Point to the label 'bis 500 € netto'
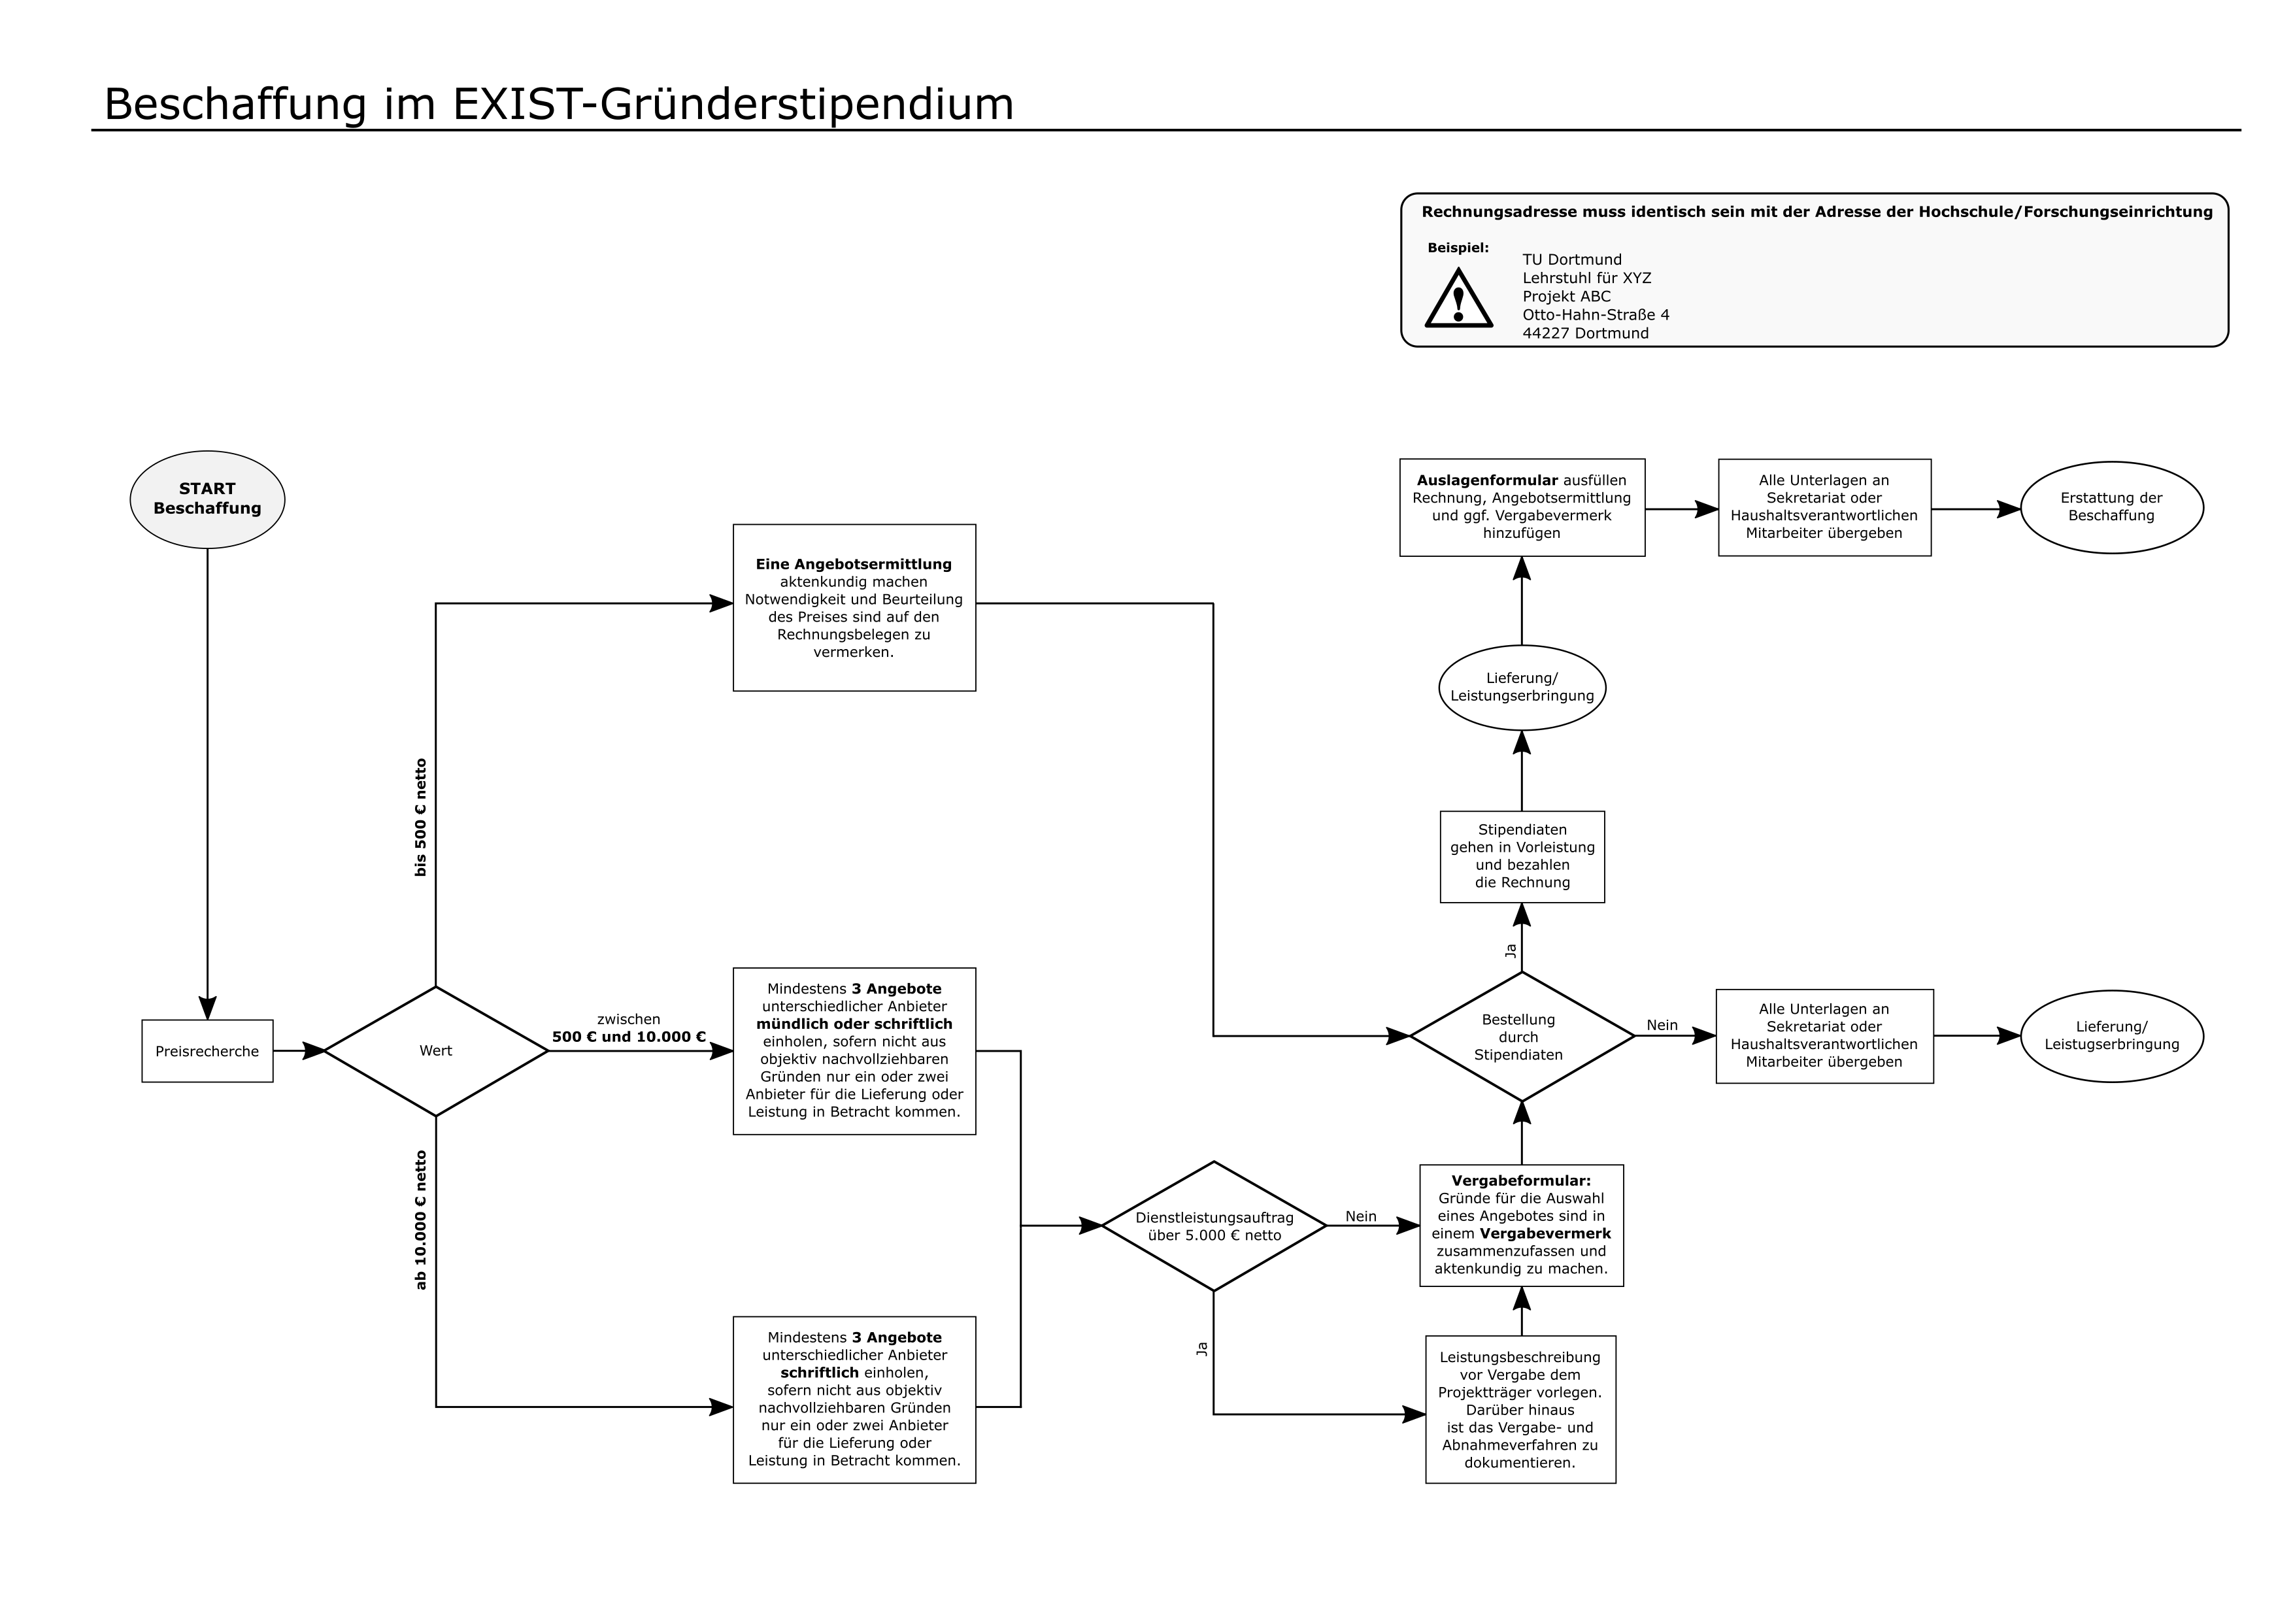point(420,818)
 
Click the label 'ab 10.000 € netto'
point(420,1220)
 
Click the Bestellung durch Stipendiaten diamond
point(1521,1037)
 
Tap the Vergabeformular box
point(1521,1226)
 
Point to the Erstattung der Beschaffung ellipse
point(2111,507)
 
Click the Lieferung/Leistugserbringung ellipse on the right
point(2111,1036)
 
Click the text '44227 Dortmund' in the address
point(1586,333)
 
